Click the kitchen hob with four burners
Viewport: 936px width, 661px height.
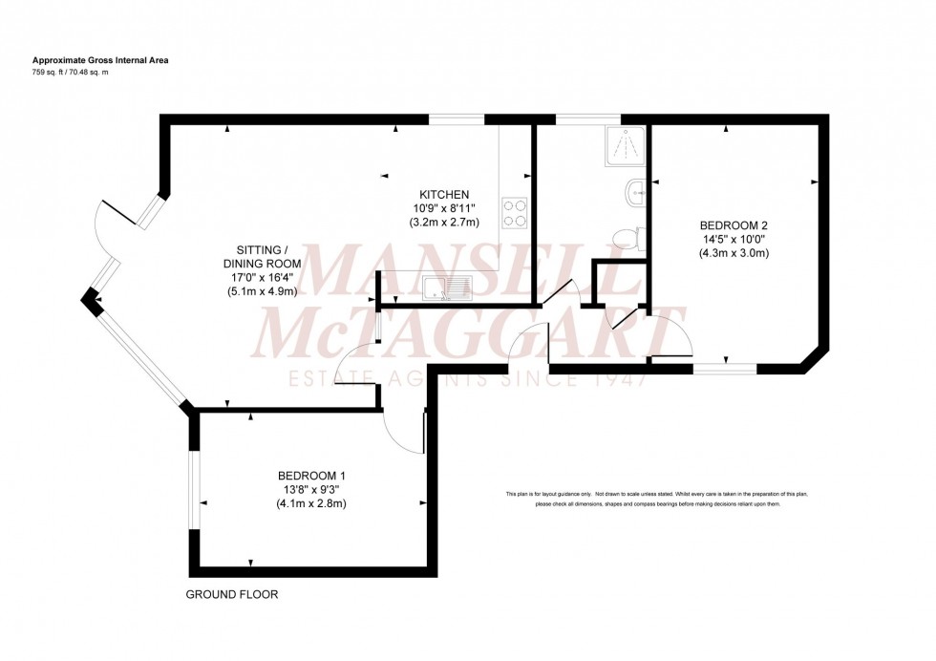(515, 212)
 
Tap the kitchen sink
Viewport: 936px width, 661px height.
(446, 284)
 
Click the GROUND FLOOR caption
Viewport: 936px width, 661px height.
(232, 594)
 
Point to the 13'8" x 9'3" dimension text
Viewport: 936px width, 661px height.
(310, 490)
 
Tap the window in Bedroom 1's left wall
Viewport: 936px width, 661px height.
(194, 489)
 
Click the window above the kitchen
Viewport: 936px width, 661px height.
(457, 119)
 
